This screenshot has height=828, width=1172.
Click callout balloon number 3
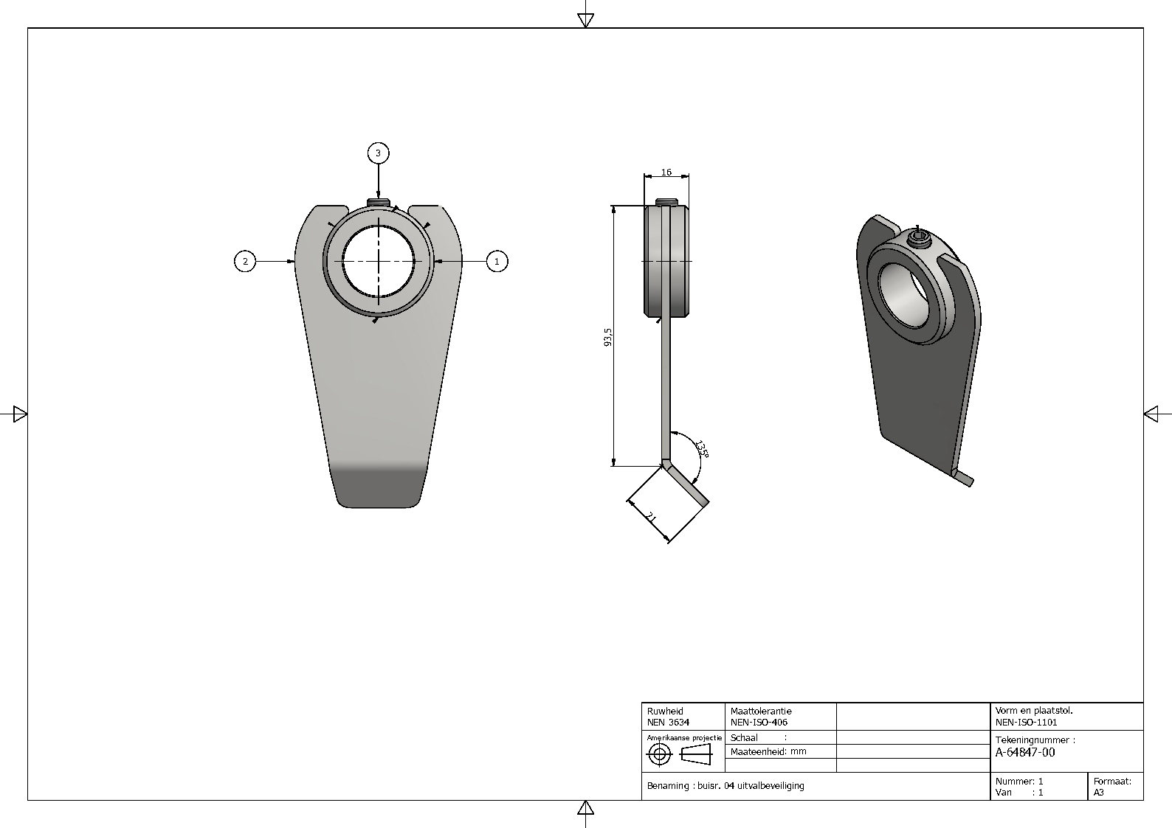tap(379, 153)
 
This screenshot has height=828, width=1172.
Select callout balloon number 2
tap(245, 261)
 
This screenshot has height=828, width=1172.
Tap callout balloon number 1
tap(497, 261)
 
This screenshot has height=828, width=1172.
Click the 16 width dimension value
tap(666, 172)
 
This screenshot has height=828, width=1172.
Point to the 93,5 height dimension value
tap(607, 337)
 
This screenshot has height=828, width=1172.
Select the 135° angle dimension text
tap(702, 449)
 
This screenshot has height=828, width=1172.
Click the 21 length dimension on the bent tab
tap(651, 518)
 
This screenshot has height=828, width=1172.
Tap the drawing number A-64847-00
tap(1025, 752)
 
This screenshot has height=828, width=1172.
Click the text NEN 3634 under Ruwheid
tap(668, 723)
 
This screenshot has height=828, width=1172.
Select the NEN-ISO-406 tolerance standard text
tap(759, 723)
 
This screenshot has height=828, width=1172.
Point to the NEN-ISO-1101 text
tap(1026, 723)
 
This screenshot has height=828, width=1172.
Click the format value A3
tap(1099, 793)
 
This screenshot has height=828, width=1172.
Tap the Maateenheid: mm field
tap(768, 751)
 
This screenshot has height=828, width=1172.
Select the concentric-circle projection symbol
tap(660, 754)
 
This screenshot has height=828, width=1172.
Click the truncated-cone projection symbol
tap(696, 754)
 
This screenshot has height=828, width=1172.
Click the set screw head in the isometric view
tap(920, 242)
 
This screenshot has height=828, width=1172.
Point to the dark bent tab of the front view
tap(378, 486)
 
